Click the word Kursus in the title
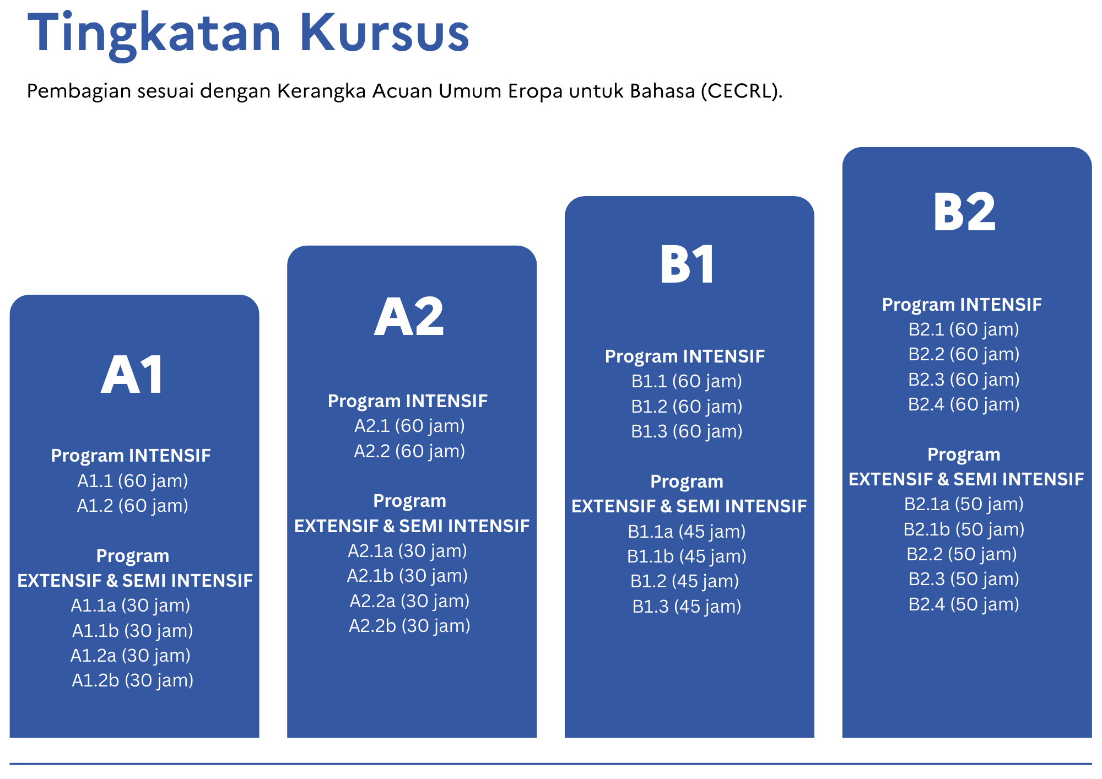click(384, 33)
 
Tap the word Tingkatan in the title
click(154, 34)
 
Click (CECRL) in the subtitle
click(742, 91)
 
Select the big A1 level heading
click(133, 375)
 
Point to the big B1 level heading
click(687, 264)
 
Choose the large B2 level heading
click(964, 212)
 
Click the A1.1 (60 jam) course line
click(133, 481)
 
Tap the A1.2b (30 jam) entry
click(133, 680)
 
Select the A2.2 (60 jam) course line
click(409, 451)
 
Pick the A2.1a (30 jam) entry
click(408, 551)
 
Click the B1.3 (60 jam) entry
click(687, 431)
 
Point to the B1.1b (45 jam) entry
click(687, 556)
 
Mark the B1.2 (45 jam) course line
click(685, 581)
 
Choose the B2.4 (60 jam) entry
click(964, 404)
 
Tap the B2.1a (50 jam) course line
click(964, 504)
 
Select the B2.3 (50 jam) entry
click(964, 579)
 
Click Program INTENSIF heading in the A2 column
click(408, 401)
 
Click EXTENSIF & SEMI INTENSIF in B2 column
click(966, 479)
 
